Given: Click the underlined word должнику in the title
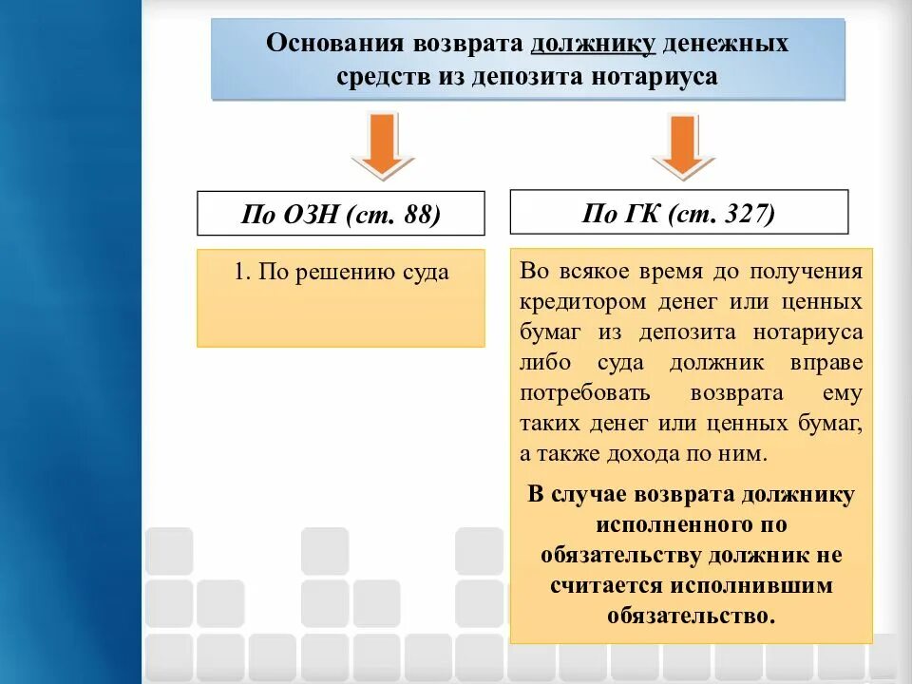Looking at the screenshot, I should [x=594, y=44].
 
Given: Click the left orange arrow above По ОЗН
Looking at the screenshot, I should [x=383, y=144].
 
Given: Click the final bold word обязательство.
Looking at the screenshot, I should [x=691, y=615].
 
